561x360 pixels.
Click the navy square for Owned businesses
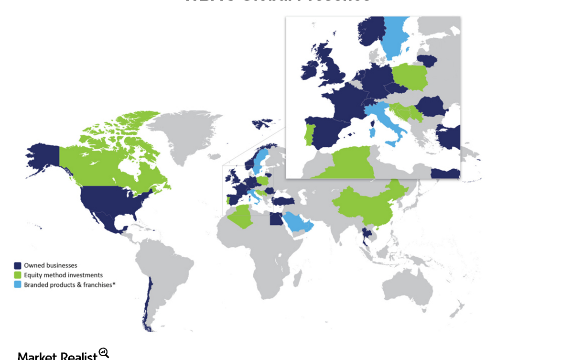tap(18, 265)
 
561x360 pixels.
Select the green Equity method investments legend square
tap(18, 275)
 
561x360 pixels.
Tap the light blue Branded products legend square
tap(18, 284)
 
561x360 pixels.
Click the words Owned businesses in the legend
tap(50, 265)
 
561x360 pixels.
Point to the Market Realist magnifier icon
tap(104, 353)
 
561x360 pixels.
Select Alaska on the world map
tap(43, 158)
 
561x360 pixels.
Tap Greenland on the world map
tap(184, 134)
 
